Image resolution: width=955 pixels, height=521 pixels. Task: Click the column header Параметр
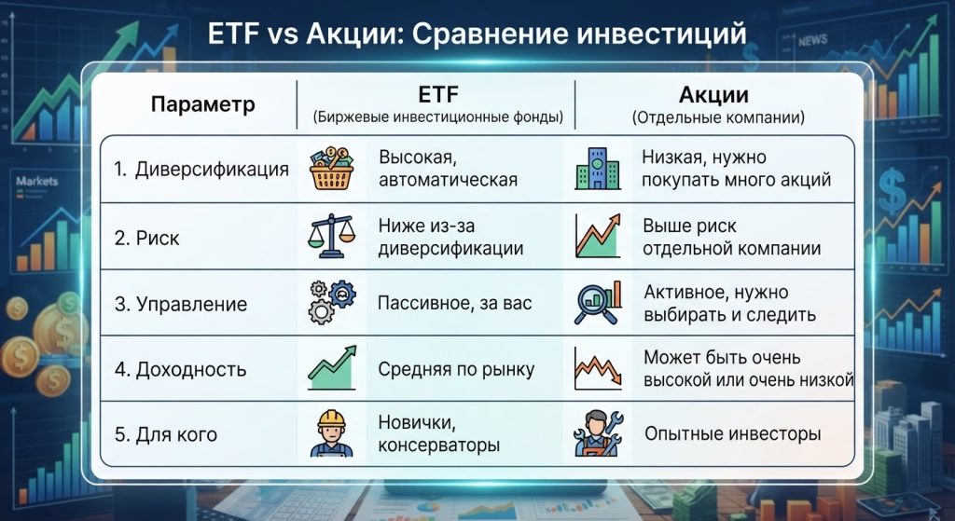[x=202, y=104]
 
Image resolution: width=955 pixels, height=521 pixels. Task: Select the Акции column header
[x=713, y=95]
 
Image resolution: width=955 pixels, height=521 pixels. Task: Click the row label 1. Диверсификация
[x=201, y=170]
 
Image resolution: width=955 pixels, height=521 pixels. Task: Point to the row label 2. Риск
[x=146, y=238]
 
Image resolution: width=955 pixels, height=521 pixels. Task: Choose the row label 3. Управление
[x=180, y=304]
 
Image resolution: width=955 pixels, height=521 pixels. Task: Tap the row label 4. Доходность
[x=180, y=369]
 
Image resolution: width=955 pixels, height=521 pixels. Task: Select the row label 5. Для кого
[x=166, y=434]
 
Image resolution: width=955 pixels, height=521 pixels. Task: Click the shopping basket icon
[x=331, y=169]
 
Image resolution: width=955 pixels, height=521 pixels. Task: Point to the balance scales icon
[x=331, y=236]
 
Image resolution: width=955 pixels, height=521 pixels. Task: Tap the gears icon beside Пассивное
[x=332, y=302]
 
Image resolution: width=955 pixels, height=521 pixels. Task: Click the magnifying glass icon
[x=598, y=303]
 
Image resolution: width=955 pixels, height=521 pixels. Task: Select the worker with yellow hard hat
[x=331, y=433]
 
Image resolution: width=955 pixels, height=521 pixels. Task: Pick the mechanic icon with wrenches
[x=598, y=433]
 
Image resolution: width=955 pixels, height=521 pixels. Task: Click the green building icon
[x=598, y=169]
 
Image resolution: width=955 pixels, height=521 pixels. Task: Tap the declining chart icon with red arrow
[x=598, y=368]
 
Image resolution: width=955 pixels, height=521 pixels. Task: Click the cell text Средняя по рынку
[x=456, y=369]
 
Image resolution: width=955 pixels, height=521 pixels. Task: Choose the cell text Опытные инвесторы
[x=733, y=433]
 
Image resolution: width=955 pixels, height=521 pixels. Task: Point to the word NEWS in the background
[x=812, y=41]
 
